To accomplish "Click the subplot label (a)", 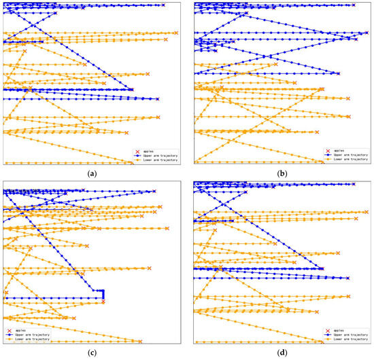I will [x=92, y=174].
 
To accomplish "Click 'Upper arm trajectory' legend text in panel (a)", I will [x=158, y=154].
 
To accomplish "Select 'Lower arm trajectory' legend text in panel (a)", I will [x=158, y=159].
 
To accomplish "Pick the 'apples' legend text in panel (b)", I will [x=338, y=149].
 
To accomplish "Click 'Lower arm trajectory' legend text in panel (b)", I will [x=348, y=159].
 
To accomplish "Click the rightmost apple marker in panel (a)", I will [x=176, y=33].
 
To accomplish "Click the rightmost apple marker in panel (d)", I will [x=367, y=212].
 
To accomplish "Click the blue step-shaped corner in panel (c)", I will [x=103, y=291].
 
